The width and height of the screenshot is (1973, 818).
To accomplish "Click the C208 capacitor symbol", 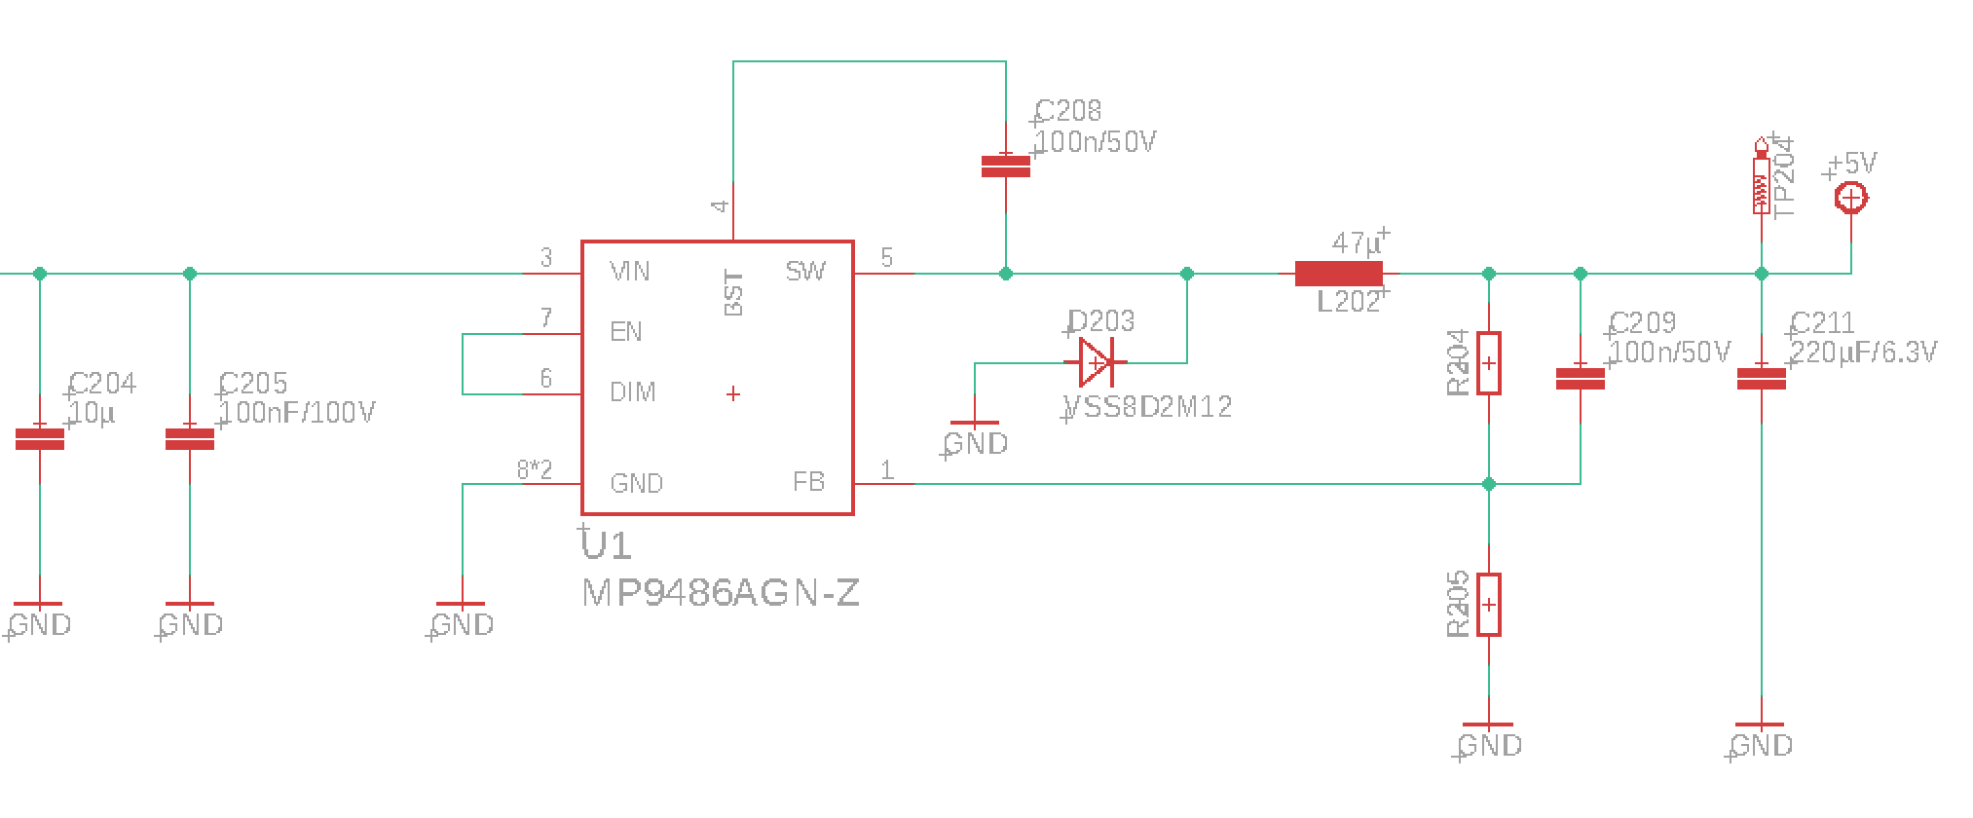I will tap(1005, 167).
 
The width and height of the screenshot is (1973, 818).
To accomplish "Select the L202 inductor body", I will tap(1338, 275).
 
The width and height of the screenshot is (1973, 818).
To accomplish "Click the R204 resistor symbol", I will tap(1488, 363).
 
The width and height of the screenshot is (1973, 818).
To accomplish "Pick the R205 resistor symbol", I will tap(1488, 605).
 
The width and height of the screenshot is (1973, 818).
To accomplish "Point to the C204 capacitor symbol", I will tap(40, 439).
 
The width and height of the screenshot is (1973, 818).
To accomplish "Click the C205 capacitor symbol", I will tap(190, 439).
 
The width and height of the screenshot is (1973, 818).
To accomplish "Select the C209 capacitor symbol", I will tap(1580, 379).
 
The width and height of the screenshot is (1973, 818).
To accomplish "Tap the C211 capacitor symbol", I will tap(1761, 379).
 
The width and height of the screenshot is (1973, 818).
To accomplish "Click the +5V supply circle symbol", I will tap(1850, 199).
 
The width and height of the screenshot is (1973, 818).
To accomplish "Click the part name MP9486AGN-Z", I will tap(721, 593).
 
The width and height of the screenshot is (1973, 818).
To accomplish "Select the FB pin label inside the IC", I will tap(808, 482).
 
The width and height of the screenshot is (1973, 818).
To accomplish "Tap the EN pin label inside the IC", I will tap(626, 332).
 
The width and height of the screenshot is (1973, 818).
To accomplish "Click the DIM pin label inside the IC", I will tap(632, 392).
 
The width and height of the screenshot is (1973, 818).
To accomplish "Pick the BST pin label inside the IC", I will tap(734, 293).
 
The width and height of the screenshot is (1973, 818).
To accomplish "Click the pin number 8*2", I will tap(535, 471).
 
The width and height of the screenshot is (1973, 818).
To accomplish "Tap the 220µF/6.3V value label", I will tap(1864, 352).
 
